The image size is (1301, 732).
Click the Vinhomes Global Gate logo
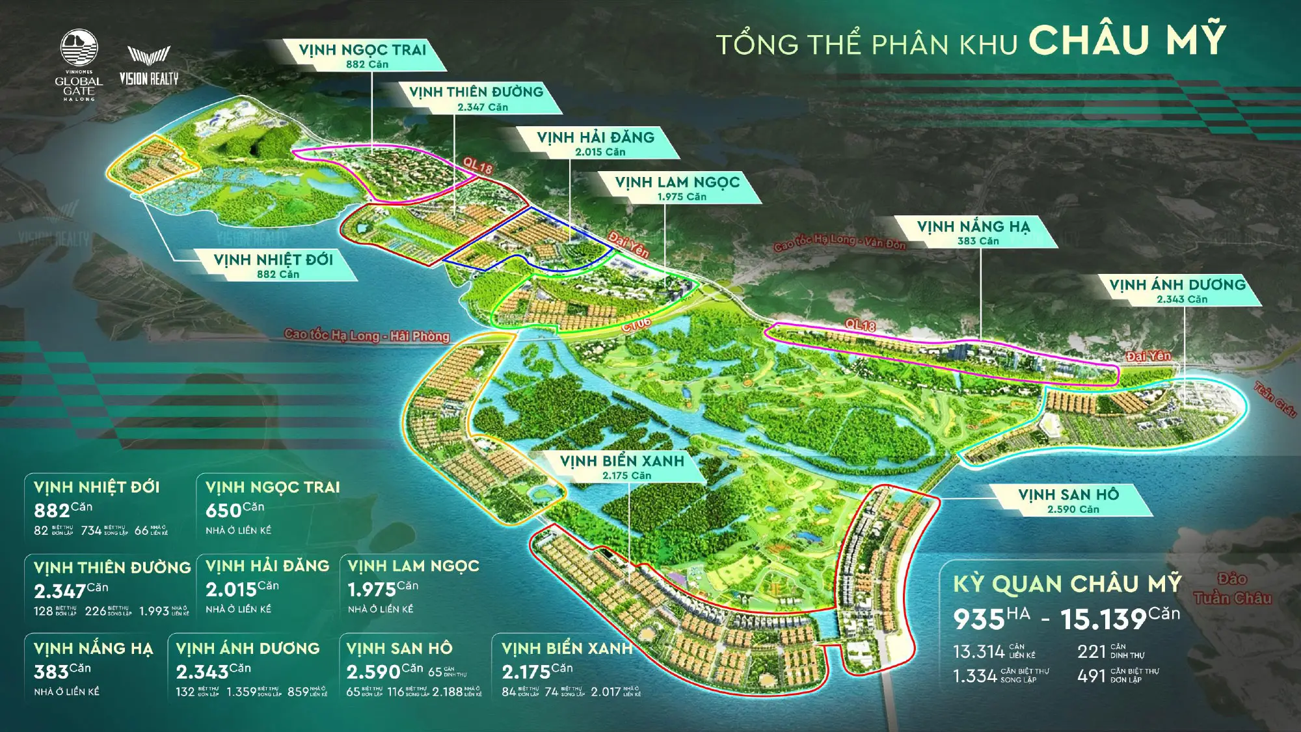[x=79, y=65]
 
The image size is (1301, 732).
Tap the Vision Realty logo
[x=149, y=66]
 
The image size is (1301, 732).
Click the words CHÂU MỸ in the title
[x=1127, y=40]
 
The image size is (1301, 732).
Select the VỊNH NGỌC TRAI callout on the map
[x=363, y=55]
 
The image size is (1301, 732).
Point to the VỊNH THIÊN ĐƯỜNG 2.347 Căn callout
[x=477, y=98]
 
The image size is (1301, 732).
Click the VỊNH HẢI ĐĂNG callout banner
[x=596, y=143]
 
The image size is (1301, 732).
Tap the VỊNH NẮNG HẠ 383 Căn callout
[x=974, y=232]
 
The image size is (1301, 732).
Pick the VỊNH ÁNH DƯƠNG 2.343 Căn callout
[x=1178, y=290]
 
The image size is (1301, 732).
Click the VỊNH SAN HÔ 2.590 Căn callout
[x=1069, y=500]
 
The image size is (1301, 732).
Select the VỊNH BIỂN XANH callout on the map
[x=623, y=467]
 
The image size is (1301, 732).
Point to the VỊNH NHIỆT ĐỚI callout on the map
[x=274, y=265]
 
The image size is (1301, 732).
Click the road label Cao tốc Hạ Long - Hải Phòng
[x=367, y=335]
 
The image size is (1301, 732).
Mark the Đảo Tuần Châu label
[x=1232, y=588]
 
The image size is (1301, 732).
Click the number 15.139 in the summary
[x=1103, y=619]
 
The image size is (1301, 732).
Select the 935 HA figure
[x=991, y=618]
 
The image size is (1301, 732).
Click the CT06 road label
[x=636, y=323]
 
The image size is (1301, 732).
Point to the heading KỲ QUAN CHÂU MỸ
[x=1067, y=584]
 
